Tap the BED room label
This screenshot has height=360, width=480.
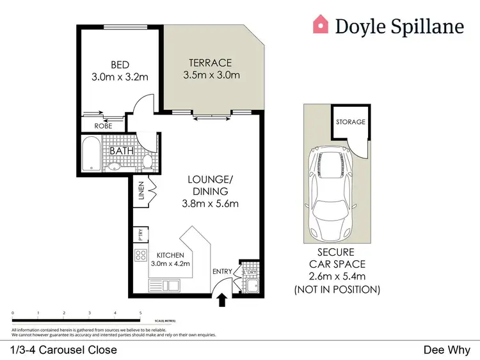[120, 65]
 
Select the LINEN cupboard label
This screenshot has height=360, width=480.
[141, 192]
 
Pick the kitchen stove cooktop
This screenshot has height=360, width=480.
[140, 257]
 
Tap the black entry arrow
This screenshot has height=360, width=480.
[222, 299]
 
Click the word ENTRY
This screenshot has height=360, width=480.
[222, 272]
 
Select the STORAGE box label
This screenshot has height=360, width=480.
[351, 121]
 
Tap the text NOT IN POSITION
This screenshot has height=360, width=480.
[337, 290]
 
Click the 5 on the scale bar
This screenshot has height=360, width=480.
[141, 313]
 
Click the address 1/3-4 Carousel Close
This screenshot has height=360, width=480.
[64, 350]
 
